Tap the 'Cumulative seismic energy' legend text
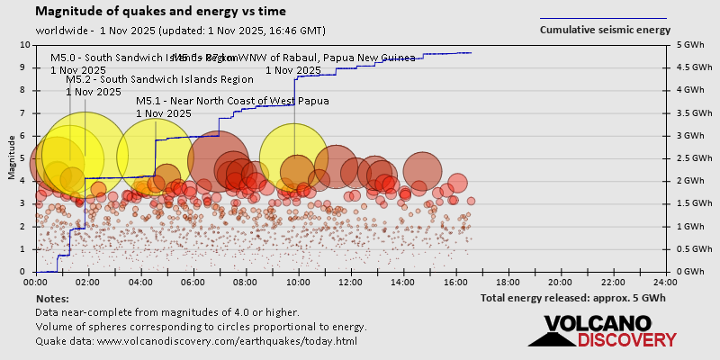coord(604,30)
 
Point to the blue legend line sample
coord(603,18)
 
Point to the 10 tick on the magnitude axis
coord(25,44)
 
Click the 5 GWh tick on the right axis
coord(692,44)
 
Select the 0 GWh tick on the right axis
coord(692,271)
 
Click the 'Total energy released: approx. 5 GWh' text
coord(572,298)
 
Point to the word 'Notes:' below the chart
coord(52,298)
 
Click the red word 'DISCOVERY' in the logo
coord(626,340)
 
